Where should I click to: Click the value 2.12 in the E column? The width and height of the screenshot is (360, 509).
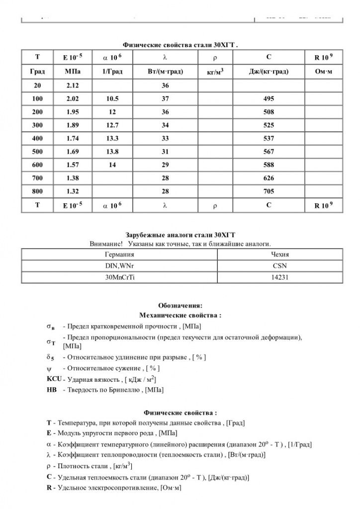coord(72,86)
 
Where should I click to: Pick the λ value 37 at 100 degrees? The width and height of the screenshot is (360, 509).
coord(165,99)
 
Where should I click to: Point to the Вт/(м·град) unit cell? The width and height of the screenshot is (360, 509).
coord(165,72)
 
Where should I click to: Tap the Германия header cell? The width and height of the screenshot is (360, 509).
coord(120,254)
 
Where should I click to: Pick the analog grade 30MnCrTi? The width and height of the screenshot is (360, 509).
coord(120,278)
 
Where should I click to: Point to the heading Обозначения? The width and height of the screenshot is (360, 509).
coord(180,305)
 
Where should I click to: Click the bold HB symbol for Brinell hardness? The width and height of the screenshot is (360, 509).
coord(51,390)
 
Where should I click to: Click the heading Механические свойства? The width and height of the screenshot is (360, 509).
coord(180,315)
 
